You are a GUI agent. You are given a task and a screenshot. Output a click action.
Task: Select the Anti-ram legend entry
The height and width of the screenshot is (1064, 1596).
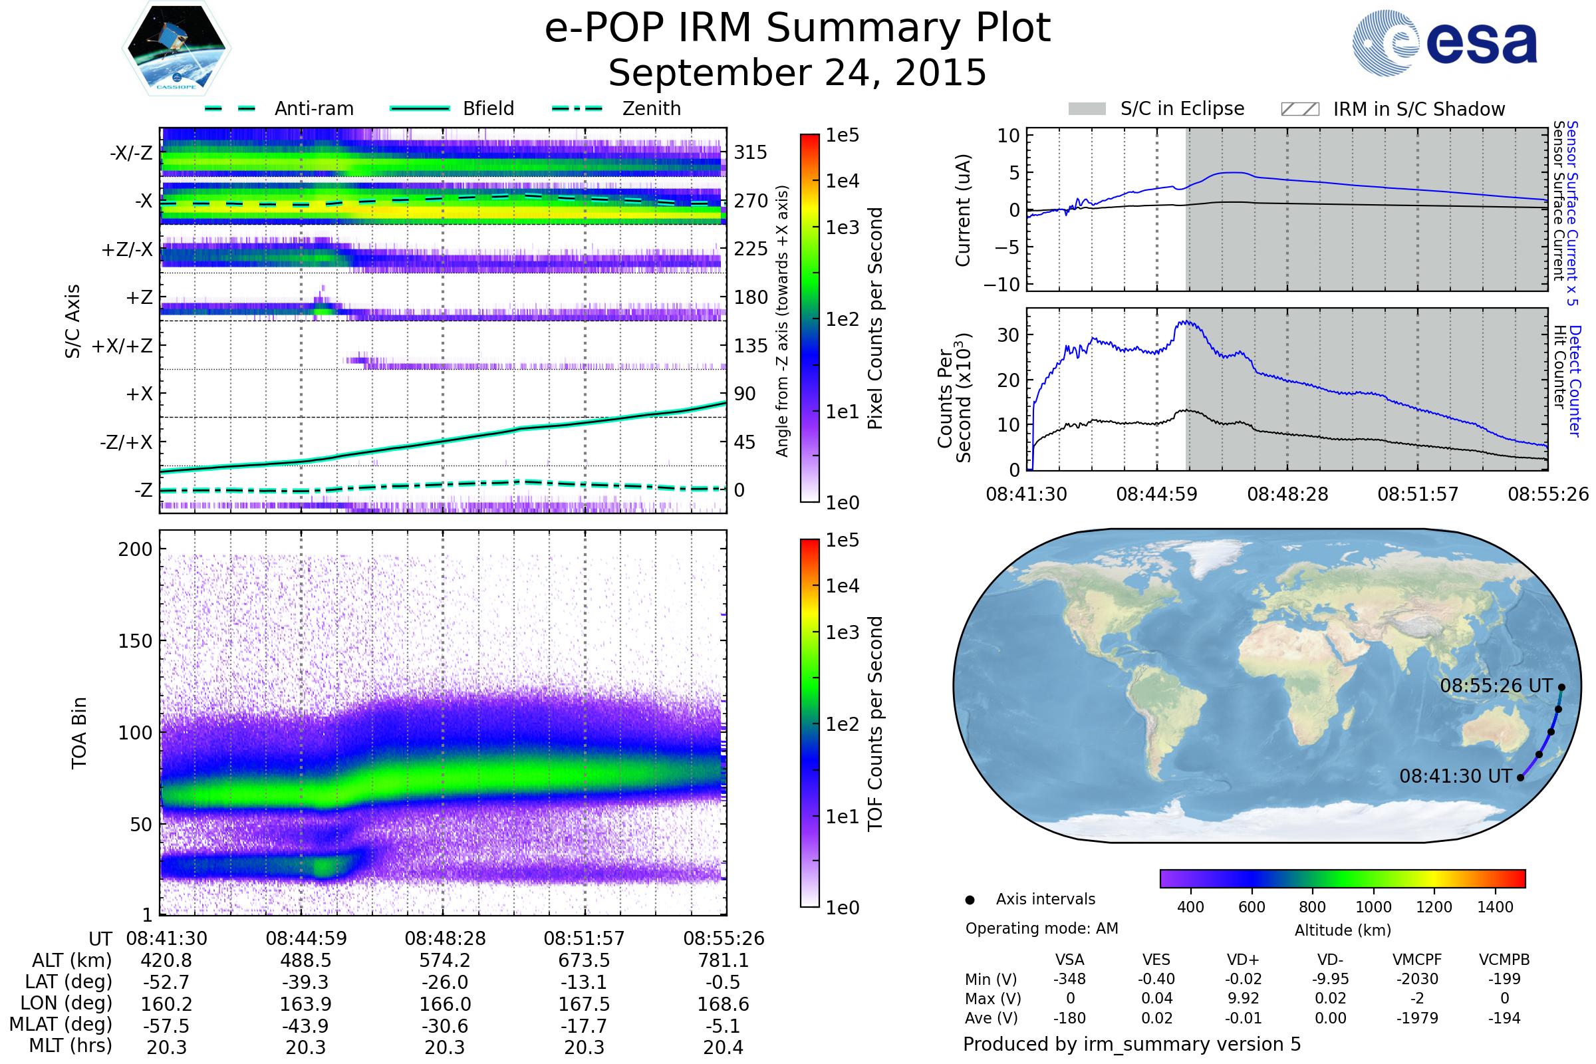point(313,108)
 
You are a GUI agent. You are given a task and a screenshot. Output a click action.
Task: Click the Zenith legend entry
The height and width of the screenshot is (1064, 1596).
point(651,108)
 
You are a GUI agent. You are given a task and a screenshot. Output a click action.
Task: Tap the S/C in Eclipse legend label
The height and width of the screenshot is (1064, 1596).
point(1182,108)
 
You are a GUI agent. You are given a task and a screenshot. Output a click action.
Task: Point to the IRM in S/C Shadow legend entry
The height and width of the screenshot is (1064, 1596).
point(1418,109)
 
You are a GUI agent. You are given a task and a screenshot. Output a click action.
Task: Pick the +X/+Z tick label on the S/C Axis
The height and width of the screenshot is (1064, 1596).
point(122,346)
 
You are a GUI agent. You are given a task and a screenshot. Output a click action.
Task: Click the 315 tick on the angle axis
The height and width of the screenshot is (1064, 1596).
point(750,153)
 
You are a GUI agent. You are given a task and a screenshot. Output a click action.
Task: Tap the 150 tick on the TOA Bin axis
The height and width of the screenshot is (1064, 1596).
point(135,641)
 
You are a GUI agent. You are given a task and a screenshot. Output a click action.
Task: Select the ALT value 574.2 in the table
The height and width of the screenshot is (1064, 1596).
point(444,961)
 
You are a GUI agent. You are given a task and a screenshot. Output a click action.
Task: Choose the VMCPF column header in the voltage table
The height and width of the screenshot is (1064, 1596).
point(1417,960)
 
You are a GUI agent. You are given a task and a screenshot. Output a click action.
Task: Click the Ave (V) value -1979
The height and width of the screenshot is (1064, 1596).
point(1417,1018)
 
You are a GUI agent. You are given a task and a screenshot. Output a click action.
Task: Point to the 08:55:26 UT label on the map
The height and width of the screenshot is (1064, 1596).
point(1496,686)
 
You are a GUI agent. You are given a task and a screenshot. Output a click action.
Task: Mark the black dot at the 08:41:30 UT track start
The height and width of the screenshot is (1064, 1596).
point(1521,777)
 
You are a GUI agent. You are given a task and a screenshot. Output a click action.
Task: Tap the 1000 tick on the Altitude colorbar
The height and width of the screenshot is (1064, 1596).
point(1373,907)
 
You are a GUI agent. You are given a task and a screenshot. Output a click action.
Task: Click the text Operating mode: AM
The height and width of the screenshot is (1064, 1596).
point(1041,928)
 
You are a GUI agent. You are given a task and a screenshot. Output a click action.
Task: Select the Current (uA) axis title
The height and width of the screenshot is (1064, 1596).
point(963,210)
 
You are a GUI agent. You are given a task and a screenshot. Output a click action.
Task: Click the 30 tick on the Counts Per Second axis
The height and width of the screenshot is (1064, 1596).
point(1008,335)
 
